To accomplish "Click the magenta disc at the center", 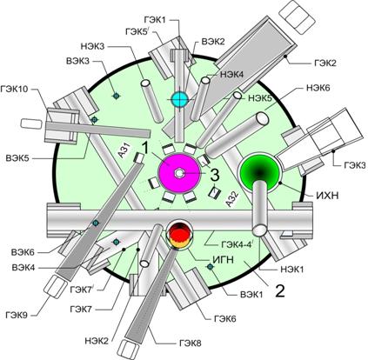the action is [x=179, y=174].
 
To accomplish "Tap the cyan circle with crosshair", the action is [x=179, y=99].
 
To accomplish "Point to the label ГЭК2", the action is [x=325, y=63].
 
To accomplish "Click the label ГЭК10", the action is [x=15, y=89].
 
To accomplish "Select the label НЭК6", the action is [x=318, y=87].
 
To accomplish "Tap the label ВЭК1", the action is [x=251, y=295].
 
